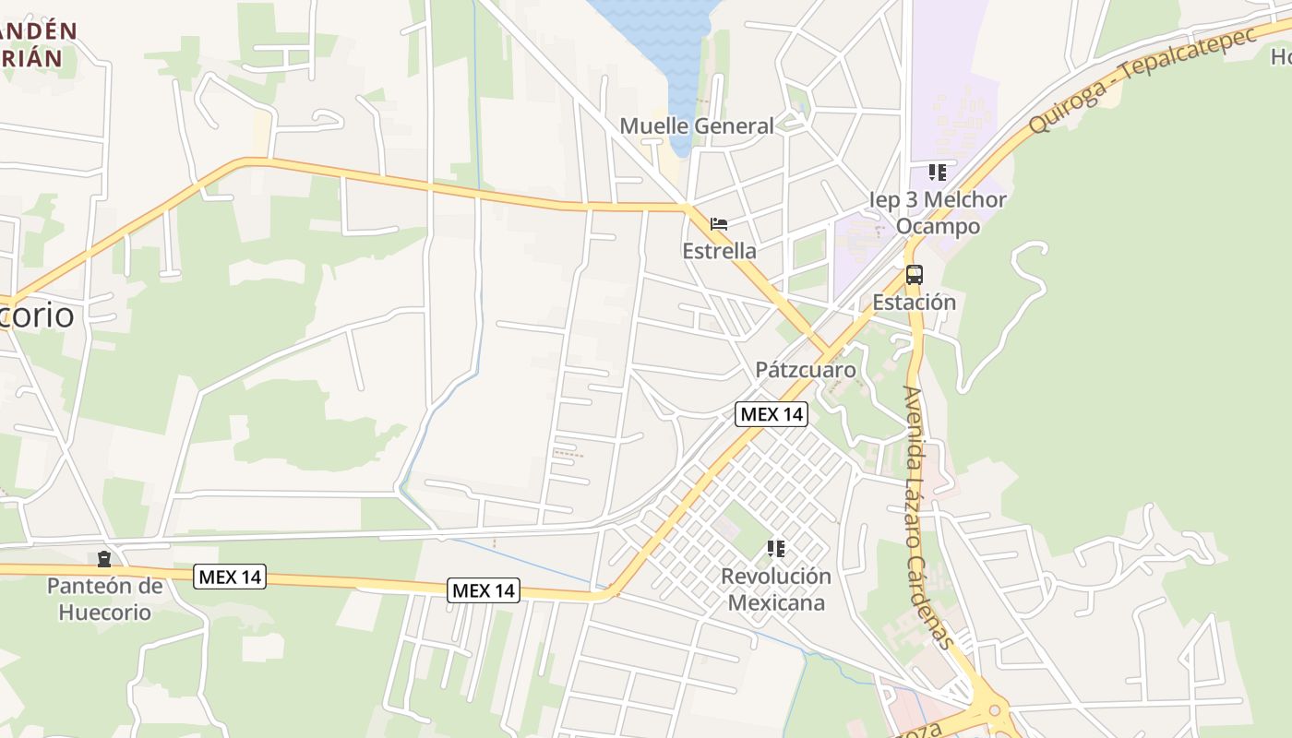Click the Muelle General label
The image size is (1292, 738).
pos(697,126)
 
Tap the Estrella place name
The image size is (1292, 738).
pos(719,251)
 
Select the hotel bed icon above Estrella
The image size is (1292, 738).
pos(719,224)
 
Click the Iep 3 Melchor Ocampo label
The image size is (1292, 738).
pos(938,213)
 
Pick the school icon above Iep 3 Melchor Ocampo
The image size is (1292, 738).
pos(938,173)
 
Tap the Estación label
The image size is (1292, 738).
pos(914,303)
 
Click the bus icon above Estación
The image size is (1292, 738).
pos(914,275)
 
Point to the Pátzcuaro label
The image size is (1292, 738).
pos(806,370)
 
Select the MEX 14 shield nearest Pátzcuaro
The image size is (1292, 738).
pos(772,414)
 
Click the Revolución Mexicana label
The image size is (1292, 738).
pos(775,589)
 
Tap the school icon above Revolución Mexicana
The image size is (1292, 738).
pos(776,550)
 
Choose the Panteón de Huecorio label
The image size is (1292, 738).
pos(104,599)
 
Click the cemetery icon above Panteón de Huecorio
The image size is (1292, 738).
pos(104,559)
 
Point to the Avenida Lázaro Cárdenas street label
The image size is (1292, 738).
pos(927,517)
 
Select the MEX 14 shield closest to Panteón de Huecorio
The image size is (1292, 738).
pos(231,577)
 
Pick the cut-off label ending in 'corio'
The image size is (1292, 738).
pos(37,315)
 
